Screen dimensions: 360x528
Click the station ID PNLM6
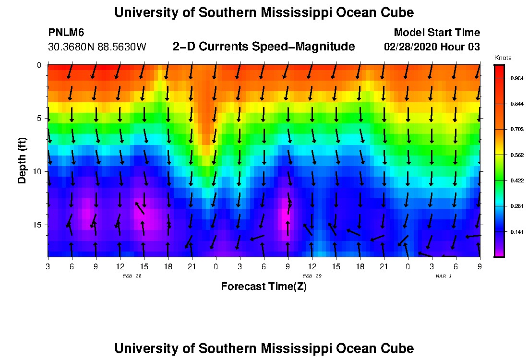pyautogui.click(x=66, y=33)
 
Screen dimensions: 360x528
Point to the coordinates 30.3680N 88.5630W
pyautogui.click(x=97, y=47)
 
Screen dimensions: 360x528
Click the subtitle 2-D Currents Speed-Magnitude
pyautogui.click(x=264, y=47)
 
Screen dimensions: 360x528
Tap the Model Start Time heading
pyautogui.click(x=436, y=33)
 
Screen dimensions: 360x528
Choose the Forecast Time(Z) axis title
pyautogui.click(x=264, y=287)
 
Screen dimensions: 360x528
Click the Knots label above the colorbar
pyautogui.click(x=503, y=58)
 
